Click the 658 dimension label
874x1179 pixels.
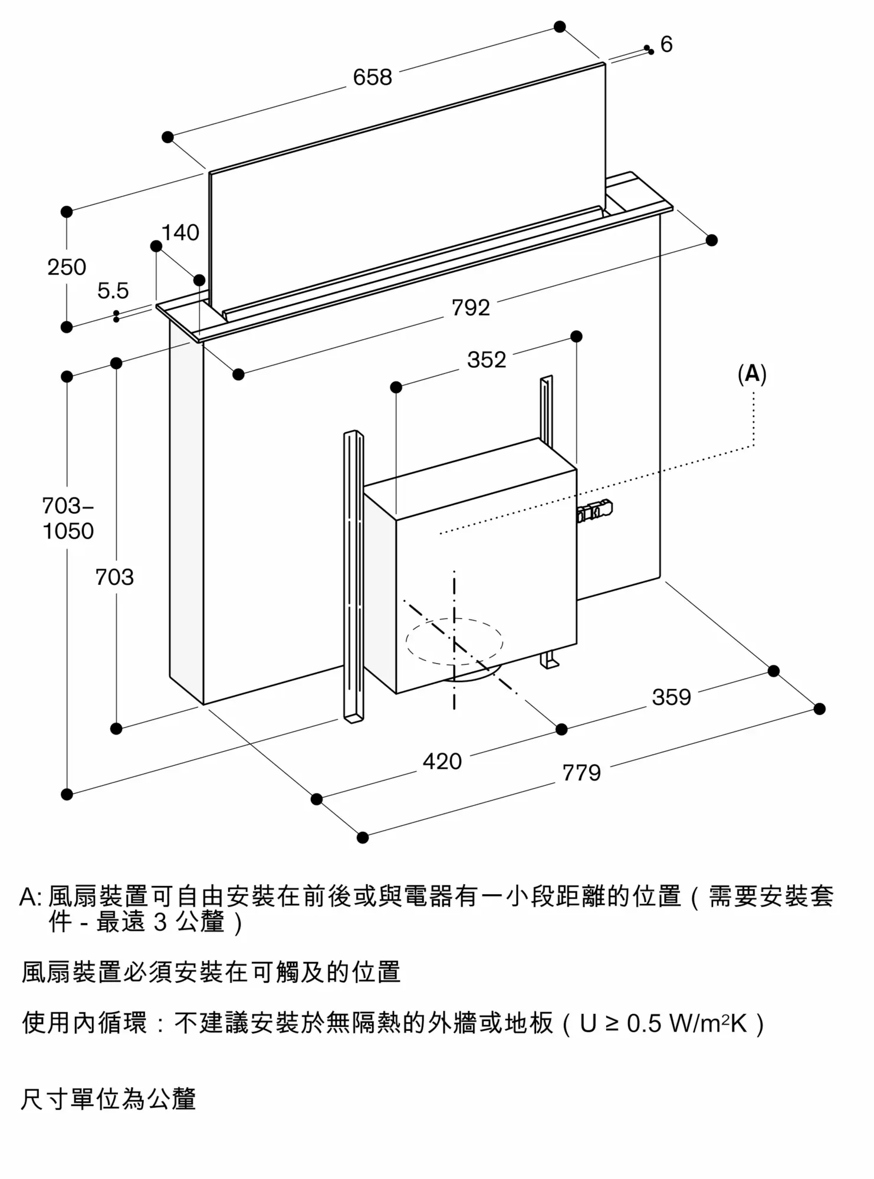(372, 77)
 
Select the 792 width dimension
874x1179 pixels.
(471, 308)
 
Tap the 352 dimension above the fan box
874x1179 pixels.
(487, 360)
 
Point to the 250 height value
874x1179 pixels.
(67, 267)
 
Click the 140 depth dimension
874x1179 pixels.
(180, 233)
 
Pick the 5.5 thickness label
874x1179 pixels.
(113, 291)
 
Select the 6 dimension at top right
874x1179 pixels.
(666, 44)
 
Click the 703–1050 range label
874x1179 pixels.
(68, 518)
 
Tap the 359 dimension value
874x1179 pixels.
(671, 697)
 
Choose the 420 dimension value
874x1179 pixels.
(442, 762)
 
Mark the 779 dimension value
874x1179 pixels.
(581, 773)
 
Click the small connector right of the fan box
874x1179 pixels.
(596, 511)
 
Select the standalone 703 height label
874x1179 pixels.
(114, 577)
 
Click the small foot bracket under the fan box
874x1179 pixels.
(550, 660)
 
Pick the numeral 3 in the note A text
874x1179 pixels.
(160, 922)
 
